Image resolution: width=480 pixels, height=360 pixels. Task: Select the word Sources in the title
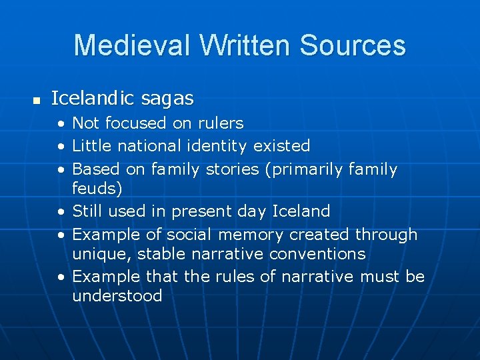coord(353,45)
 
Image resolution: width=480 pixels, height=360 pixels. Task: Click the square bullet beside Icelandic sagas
coord(37,101)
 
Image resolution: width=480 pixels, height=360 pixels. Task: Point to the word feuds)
coord(97,189)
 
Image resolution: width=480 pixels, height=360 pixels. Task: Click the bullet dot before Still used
coord(61,212)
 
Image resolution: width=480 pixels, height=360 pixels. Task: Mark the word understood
coord(117,296)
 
